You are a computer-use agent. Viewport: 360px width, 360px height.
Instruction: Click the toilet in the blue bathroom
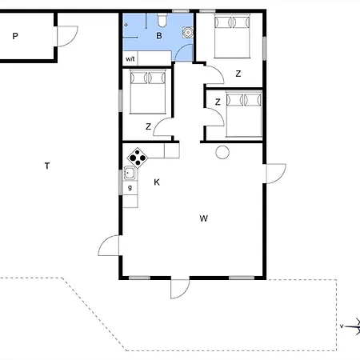tap(162, 20)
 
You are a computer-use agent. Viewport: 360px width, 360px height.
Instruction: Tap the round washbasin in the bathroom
tap(188, 32)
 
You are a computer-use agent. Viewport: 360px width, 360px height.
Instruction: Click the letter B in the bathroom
tap(159, 36)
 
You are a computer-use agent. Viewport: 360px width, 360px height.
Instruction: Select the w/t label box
tap(130, 58)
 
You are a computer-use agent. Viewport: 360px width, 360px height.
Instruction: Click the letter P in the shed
tap(15, 36)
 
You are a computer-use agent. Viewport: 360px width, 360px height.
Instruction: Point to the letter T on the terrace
tap(47, 166)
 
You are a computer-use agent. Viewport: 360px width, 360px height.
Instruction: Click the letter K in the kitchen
tap(157, 182)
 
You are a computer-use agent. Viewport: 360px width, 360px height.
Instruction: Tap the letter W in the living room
tap(204, 218)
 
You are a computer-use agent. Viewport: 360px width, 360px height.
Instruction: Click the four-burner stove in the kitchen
tap(138, 158)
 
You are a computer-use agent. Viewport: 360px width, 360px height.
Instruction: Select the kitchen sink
tap(130, 174)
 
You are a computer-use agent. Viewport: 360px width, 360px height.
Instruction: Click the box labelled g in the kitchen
tap(130, 188)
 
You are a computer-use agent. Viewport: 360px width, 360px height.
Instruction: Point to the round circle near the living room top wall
tap(222, 153)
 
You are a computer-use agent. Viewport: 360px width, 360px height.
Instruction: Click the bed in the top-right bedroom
tap(232, 36)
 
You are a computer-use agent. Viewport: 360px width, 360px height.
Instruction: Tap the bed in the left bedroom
tap(148, 92)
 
